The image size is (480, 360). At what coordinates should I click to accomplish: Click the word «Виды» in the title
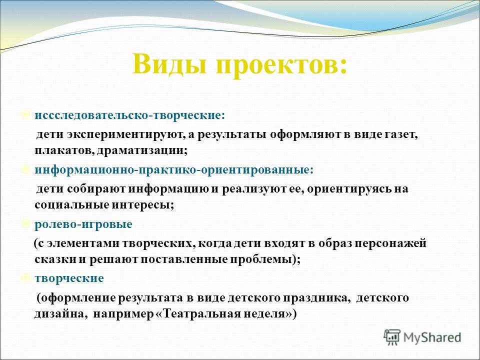tap(169, 64)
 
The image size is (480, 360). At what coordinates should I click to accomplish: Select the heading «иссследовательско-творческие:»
tap(130, 115)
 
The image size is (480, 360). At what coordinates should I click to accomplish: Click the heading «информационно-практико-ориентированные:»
tap(174, 170)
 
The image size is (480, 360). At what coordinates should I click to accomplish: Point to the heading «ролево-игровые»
tap(83, 224)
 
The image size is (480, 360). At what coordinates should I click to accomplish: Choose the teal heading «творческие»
tap(69, 278)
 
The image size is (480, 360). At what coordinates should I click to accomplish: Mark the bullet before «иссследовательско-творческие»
tap(25, 115)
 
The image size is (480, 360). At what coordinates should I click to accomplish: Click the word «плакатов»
tap(64, 151)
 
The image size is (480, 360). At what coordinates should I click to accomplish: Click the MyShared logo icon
tap(392, 337)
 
